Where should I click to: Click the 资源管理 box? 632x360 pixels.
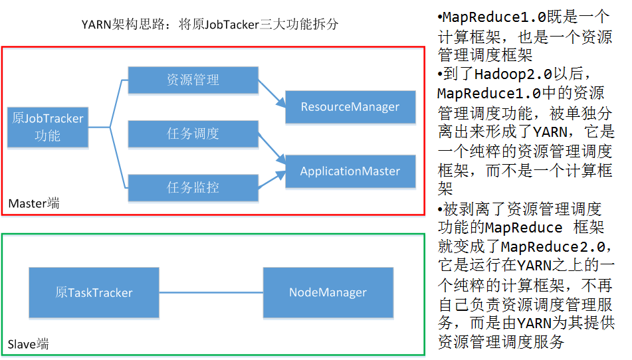(193, 80)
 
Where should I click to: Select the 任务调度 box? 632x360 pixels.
(193, 134)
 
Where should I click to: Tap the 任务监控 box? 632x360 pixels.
(193, 187)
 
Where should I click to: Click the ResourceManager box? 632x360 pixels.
(350, 106)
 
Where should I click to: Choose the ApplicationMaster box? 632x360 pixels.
(350, 171)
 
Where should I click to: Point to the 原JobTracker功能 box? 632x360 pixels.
(48, 127)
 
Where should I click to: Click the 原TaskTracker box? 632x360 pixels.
(94, 292)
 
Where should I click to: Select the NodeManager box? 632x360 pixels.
(328, 292)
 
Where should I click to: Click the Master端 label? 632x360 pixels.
(34, 203)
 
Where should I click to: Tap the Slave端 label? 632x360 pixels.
(29, 344)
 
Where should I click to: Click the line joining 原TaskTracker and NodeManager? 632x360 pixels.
(211, 292)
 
